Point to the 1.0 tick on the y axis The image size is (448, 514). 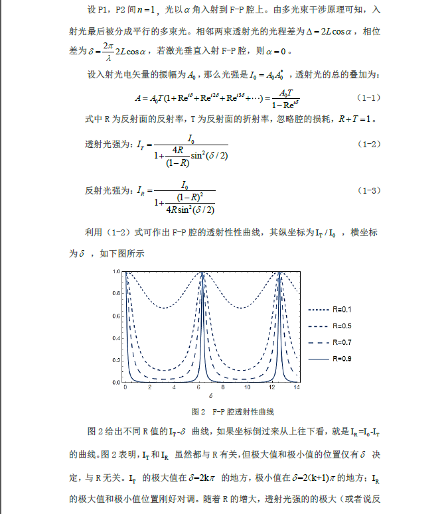tap(115, 272)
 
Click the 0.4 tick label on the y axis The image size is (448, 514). tap(115, 338)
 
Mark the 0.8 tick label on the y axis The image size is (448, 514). tap(115, 294)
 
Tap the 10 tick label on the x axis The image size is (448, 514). tap(248, 387)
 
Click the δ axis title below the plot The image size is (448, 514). tap(210, 396)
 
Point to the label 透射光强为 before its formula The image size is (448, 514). tap(110, 145)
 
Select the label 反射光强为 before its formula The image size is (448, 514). tap(110, 191)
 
